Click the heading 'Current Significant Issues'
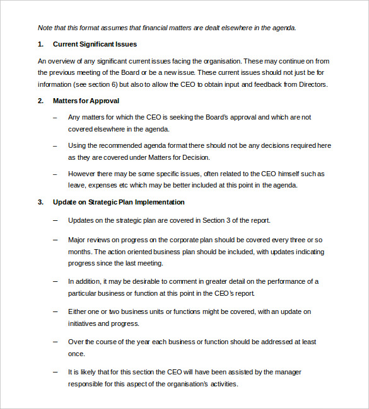[x=95, y=44]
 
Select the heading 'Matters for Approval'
[x=86, y=101]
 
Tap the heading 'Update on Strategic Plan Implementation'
[x=119, y=202]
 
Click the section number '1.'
[x=41, y=44]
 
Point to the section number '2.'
[x=41, y=101]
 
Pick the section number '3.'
[x=41, y=202]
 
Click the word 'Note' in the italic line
[x=45, y=28]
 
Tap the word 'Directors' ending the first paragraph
[x=313, y=84]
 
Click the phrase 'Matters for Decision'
[x=177, y=157]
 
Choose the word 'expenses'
[x=102, y=185]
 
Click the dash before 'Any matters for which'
[x=55, y=117]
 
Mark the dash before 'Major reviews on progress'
[x=55, y=240]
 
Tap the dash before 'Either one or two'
[x=55, y=311]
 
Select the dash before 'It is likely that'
[x=55, y=373]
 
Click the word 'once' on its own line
[x=76, y=354]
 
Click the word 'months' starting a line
[x=79, y=252]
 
